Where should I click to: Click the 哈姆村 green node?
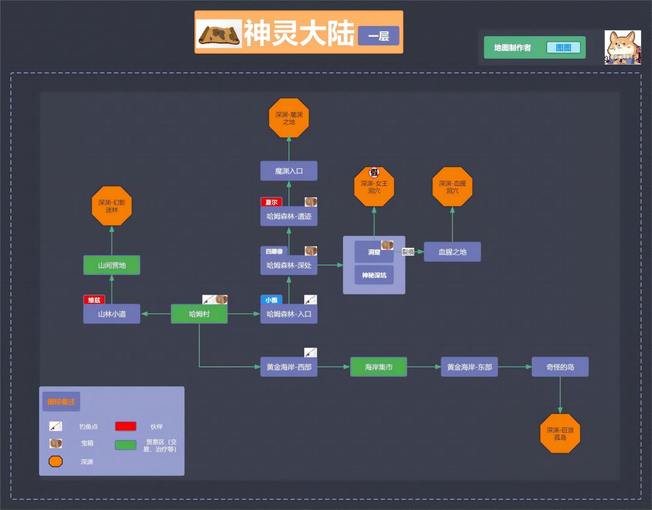point(199,314)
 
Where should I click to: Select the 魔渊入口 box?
point(289,171)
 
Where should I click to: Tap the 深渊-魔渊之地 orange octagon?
point(289,118)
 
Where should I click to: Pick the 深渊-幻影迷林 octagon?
point(112,206)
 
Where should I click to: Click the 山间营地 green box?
point(112,265)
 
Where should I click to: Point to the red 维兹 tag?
point(94,300)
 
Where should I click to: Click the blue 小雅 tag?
point(272,300)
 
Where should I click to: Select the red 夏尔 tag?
point(272,202)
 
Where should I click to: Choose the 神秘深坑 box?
point(374,275)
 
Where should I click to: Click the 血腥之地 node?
point(452,252)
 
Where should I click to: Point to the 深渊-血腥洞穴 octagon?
point(452,187)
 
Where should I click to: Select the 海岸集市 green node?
point(379,367)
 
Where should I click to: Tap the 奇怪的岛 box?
point(560,367)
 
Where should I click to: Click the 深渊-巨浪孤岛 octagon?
point(560,433)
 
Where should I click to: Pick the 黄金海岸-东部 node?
point(469,367)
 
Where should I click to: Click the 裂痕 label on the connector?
point(408,252)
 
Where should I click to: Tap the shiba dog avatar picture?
point(622,47)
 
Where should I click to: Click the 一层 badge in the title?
point(379,36)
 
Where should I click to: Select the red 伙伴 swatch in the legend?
point(126,426)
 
